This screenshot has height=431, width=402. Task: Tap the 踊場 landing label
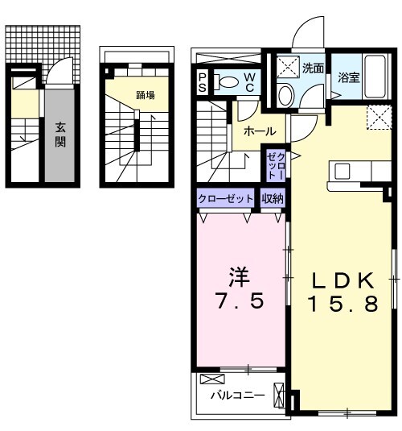146,95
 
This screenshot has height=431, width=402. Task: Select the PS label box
204,82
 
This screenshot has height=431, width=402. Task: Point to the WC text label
251,82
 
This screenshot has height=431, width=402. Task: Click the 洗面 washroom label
314,68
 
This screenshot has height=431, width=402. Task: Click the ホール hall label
260,131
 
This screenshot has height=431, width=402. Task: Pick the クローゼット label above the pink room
226,198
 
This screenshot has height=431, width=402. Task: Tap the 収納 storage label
272,198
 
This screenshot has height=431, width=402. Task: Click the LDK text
343,280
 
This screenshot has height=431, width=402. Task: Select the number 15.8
343,305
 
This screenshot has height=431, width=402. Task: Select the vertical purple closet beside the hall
276,164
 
